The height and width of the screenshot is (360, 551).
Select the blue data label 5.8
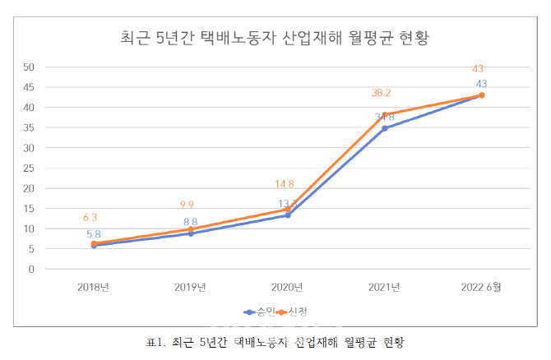94,234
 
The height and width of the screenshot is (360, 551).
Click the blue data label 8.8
190,221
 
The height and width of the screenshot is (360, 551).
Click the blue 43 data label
481,84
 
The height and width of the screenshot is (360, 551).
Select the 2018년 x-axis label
94,287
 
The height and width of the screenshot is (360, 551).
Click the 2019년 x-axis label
190,287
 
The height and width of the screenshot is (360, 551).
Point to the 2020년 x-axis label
287,287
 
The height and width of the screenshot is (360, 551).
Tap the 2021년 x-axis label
384,287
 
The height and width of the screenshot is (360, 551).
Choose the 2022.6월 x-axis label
481,287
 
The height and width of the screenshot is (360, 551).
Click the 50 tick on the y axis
29,67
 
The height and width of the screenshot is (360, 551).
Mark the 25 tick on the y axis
29,168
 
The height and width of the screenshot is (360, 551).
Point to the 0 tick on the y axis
31,269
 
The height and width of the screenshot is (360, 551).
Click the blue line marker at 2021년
384,128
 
